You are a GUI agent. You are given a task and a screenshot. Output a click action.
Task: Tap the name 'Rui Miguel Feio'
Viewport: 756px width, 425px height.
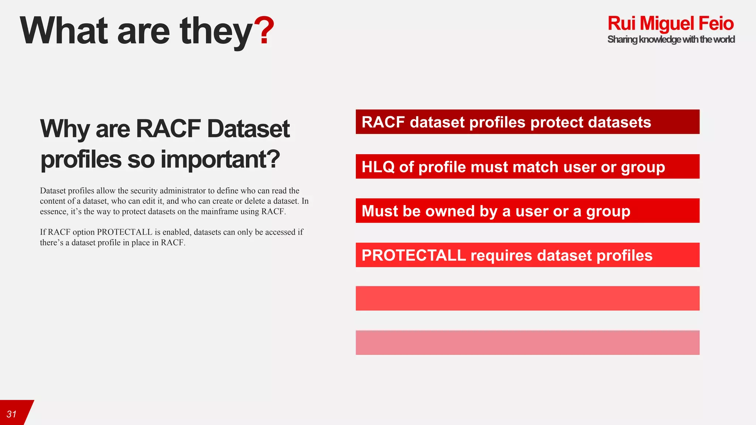click(x=670, y=23)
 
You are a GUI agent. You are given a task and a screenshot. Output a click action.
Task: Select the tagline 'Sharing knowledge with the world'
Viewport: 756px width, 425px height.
click(x=671, y=39)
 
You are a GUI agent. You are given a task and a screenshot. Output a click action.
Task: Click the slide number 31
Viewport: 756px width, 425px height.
click(x=11, y=414)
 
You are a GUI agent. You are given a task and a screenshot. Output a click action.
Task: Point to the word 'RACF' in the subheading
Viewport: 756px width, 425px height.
click(x=168, y=129)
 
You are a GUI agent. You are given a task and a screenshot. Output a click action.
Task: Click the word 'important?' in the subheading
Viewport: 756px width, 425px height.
click(x=220, y=159)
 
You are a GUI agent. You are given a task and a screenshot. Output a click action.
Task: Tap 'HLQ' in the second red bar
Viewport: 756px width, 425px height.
click(x=378, y=167)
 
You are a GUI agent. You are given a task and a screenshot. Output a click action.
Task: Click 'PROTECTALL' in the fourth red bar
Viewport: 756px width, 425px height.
click(x=413, y=255)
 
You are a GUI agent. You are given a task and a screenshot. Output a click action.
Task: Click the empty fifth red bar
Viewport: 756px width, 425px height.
click(x=527, y=298)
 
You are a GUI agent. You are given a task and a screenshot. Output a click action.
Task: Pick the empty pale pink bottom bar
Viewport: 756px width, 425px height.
click(x=527, y=342)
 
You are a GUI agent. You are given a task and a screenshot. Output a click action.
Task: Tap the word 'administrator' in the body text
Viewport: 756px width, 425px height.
click(x=182, y=191)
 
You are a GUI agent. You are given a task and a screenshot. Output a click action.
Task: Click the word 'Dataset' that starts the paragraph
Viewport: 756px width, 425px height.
click(x=53, y=191)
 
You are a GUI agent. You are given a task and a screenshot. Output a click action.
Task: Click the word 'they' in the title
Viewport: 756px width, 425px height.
click(x=216, y=31)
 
